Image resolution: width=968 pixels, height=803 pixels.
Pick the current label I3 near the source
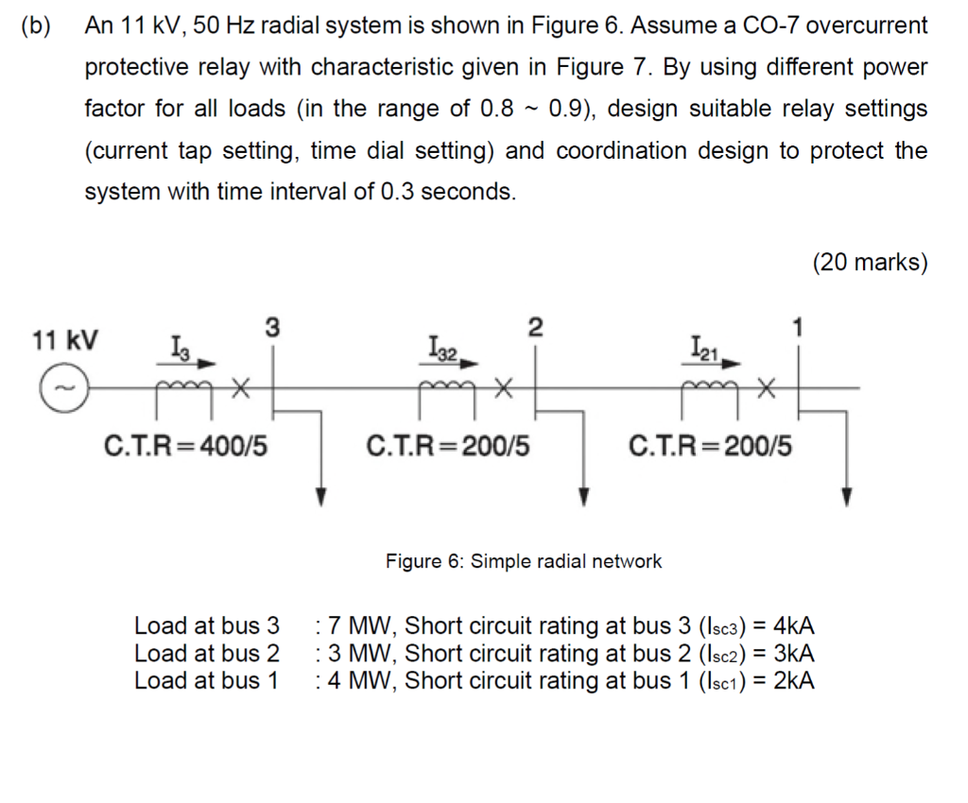point(180,349)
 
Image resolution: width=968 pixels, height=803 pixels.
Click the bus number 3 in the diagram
point(271,328)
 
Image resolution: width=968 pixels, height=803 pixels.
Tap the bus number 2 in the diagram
point(535,328)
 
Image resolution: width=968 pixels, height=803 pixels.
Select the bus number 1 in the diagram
point(800,328)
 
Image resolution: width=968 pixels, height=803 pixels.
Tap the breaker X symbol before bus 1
point(768,387)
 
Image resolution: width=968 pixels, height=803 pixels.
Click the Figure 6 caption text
point(523,561)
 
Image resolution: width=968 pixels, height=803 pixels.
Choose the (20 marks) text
point(870,262)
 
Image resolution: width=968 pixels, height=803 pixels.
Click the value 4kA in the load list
point(793,625)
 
